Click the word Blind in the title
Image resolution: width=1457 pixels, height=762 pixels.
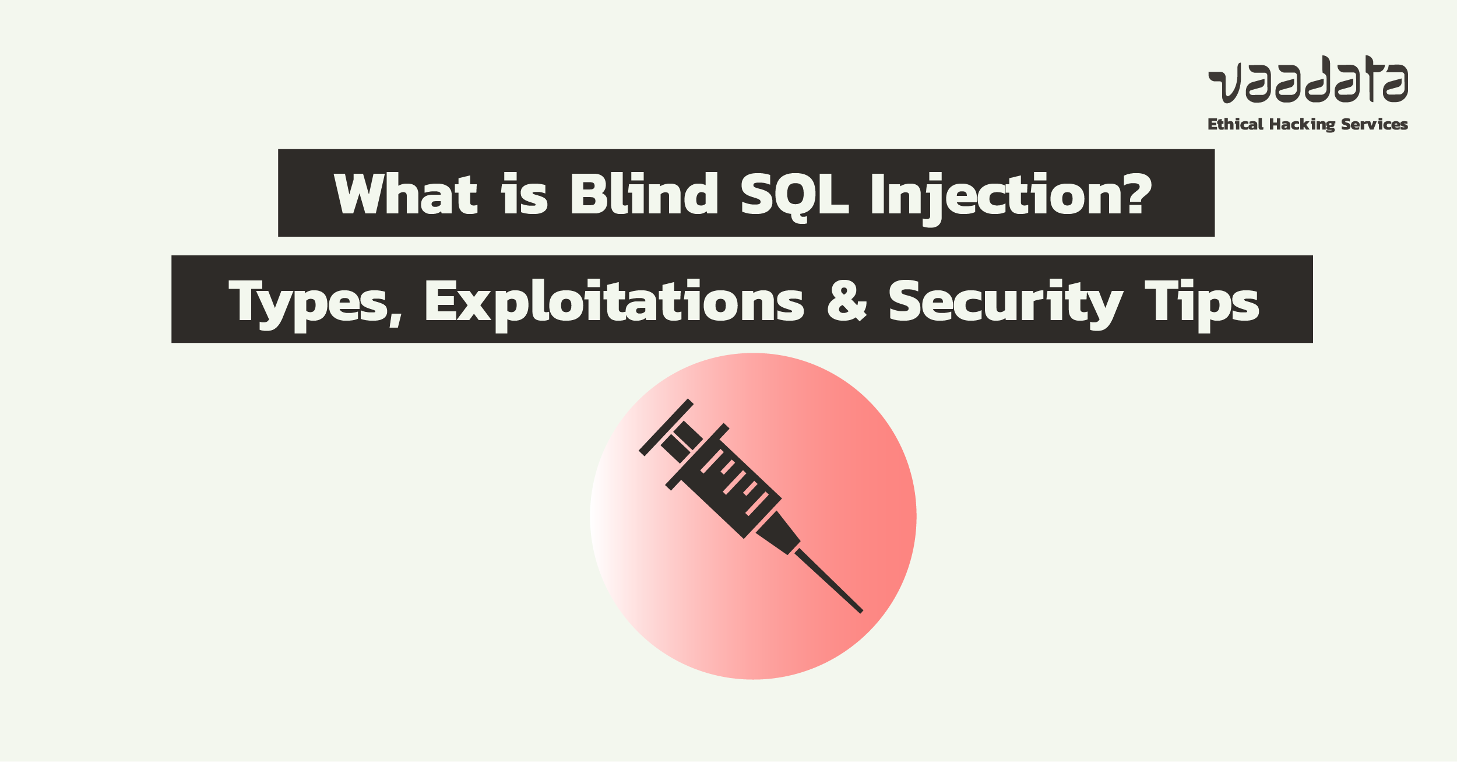tap(645, 193)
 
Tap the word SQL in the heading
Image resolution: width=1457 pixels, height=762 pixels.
tap(794, 196)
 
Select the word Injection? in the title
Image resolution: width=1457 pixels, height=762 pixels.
tap(1011, 198)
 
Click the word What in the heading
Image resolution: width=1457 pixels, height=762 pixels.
tap(406, 193)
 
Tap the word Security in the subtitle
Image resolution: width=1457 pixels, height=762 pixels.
tap(1006, 304)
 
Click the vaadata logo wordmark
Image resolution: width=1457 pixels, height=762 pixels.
tap(1308, 80)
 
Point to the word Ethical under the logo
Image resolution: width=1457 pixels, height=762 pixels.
tap(1236, 124)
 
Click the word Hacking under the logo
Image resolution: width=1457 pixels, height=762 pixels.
tap(1302, 125)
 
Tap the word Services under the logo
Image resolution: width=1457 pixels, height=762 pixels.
tap(1374, 124)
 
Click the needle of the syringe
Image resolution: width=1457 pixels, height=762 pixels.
tap(829, 581)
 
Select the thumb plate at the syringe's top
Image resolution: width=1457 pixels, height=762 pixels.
tap(666, 427)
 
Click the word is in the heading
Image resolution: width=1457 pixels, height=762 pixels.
tap(525, 193)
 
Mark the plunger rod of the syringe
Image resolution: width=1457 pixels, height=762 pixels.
tap(682, 443)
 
